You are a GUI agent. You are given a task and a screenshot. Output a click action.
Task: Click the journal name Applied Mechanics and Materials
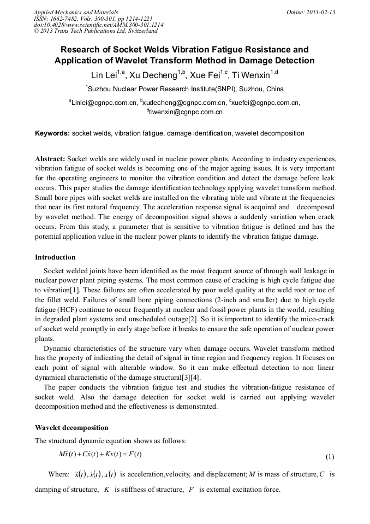point(75,11)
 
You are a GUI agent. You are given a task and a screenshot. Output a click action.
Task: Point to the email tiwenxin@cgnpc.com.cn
point(185,112)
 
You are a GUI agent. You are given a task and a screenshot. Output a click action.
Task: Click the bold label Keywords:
point(52,133)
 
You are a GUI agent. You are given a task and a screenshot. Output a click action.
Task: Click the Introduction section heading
point(55,257)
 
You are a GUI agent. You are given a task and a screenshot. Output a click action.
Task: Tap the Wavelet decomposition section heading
point(71,428)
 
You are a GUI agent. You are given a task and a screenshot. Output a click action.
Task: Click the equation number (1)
point(330,457)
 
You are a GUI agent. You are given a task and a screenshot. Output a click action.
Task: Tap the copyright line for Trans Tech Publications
point(96,31)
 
